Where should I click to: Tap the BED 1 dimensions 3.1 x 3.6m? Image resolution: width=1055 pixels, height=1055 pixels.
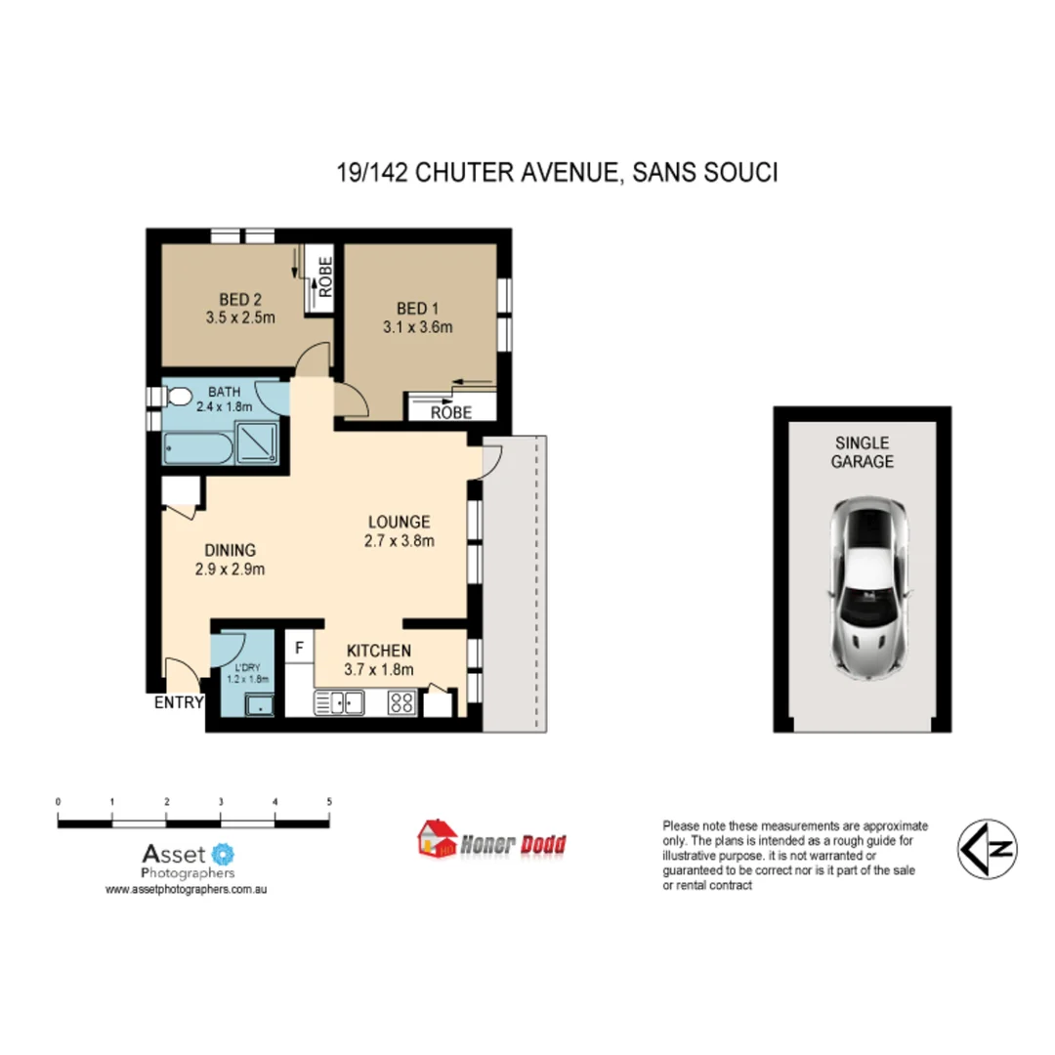point(417,327)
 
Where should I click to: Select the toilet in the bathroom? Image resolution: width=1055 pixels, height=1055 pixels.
point(179,397)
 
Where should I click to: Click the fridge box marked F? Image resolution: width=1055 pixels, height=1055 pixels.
point(299,647)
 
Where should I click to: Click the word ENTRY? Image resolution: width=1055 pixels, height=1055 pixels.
point(178,702)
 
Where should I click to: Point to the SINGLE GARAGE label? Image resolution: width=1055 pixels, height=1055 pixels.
point(863,452)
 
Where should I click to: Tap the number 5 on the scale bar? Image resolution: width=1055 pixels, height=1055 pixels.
point(330,802)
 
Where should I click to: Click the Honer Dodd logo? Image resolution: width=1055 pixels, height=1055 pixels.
point(492,840)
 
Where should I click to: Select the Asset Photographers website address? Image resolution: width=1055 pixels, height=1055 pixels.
point(187,890)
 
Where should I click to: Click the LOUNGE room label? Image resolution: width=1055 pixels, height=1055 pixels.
point(399,522)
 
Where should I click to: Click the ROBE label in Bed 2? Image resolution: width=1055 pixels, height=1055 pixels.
point(324,275)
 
